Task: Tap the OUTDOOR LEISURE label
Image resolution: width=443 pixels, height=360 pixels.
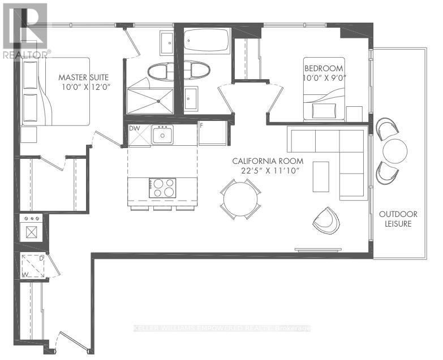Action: tap(395, 219)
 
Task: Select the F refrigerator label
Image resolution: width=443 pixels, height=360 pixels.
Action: tap(201, 125)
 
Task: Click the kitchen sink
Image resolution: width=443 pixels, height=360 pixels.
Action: tap(164, 135)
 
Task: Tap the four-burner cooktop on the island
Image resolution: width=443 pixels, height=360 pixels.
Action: tap(162, 188)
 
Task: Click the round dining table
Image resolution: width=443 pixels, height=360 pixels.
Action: tap(240, 199)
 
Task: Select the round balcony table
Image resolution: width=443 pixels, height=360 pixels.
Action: tap(395, 150)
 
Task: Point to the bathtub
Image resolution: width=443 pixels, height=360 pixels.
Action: tap(206, 40)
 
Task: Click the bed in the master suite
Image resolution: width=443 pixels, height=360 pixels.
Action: tap(55, 91)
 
